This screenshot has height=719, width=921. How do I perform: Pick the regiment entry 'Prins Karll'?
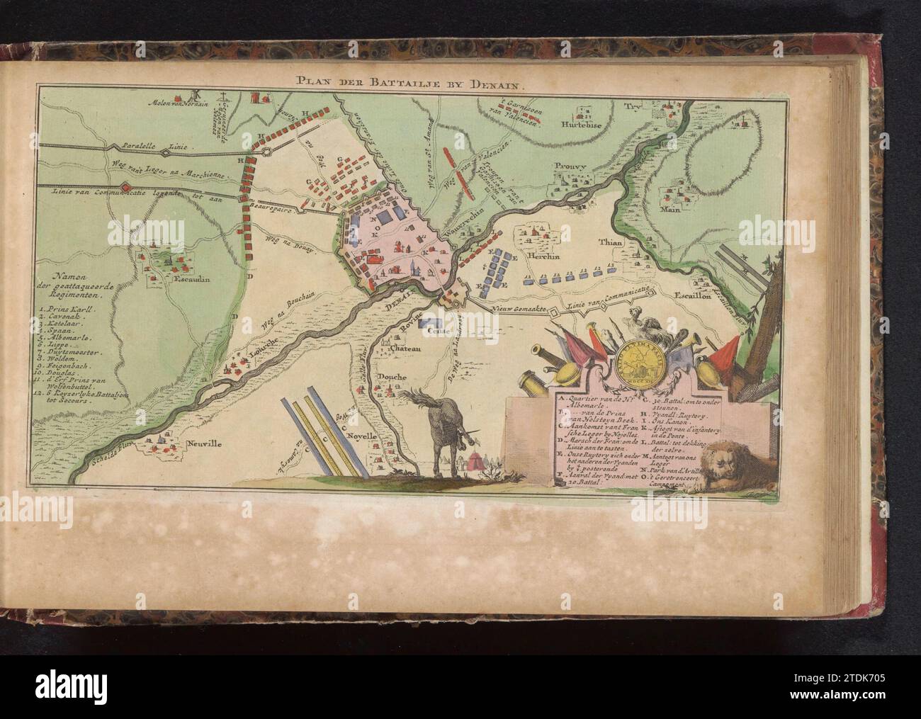pyautogui.click(x=72, y=310)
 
